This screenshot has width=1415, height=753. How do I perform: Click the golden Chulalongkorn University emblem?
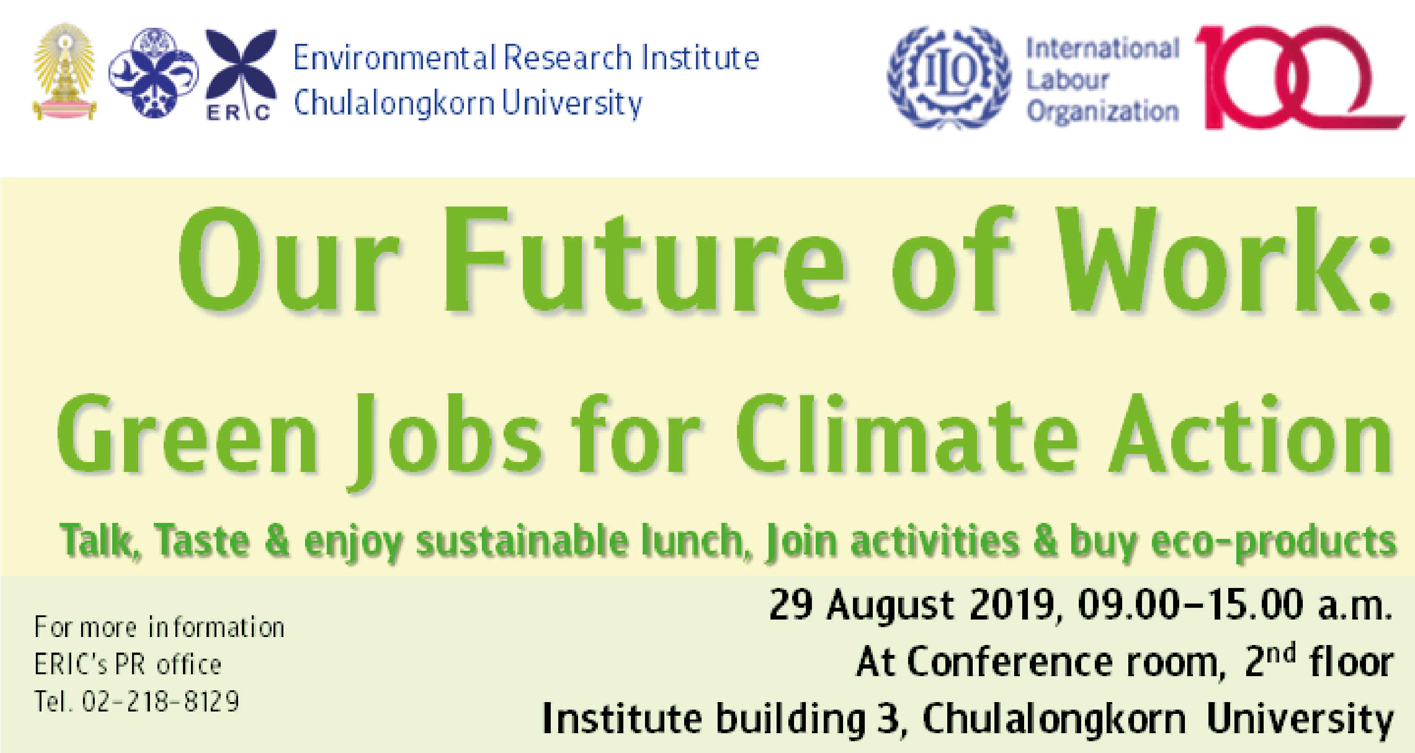coord(65,71)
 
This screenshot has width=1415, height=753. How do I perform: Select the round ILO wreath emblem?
coord(949,77)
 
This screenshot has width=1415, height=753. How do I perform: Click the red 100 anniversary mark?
coord(1299,77)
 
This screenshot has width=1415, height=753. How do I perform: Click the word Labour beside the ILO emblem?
coord(1067,80)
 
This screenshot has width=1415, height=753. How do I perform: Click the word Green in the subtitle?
coord(187,434)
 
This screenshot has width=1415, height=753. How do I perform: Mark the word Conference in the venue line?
coord(1010,662)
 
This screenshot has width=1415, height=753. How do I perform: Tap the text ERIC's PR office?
coord(128,664)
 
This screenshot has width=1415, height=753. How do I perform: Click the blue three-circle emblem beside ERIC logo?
coord(154,73)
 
